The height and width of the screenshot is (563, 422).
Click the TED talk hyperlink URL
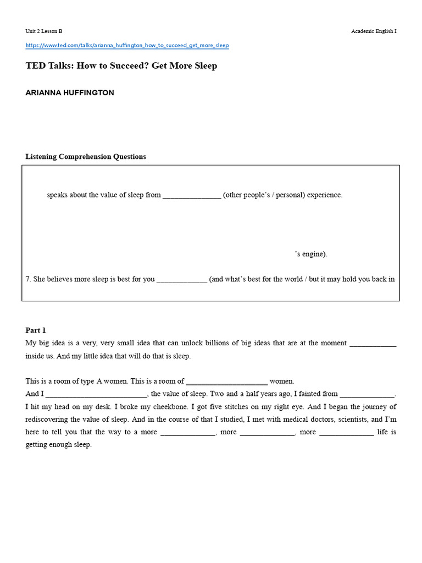pyautogui.click(x=127, y=45)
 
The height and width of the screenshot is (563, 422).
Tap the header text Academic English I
pyautogui.click(x=374, y=31)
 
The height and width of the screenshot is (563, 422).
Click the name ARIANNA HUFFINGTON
pyautogui.click(x=70, y=93)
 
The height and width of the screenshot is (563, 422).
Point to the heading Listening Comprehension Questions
pyautogui.click(x=86, y=157)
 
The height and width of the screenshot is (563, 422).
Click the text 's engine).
pyautogui.click(x=311, y=254)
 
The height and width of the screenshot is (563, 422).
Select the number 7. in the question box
pyautogui.click(x=29, y=279)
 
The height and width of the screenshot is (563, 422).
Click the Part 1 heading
pyautogui.click(x=36, y=330)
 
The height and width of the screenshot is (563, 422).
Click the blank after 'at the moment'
pyautogui.click(x=373, y=344)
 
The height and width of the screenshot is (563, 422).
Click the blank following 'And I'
pyautogui.click(x=96, y=394)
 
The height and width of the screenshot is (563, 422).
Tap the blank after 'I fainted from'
pyautogui.click(x=367, y=394)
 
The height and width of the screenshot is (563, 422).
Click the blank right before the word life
pyautogui.click(x=346, y=433)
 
